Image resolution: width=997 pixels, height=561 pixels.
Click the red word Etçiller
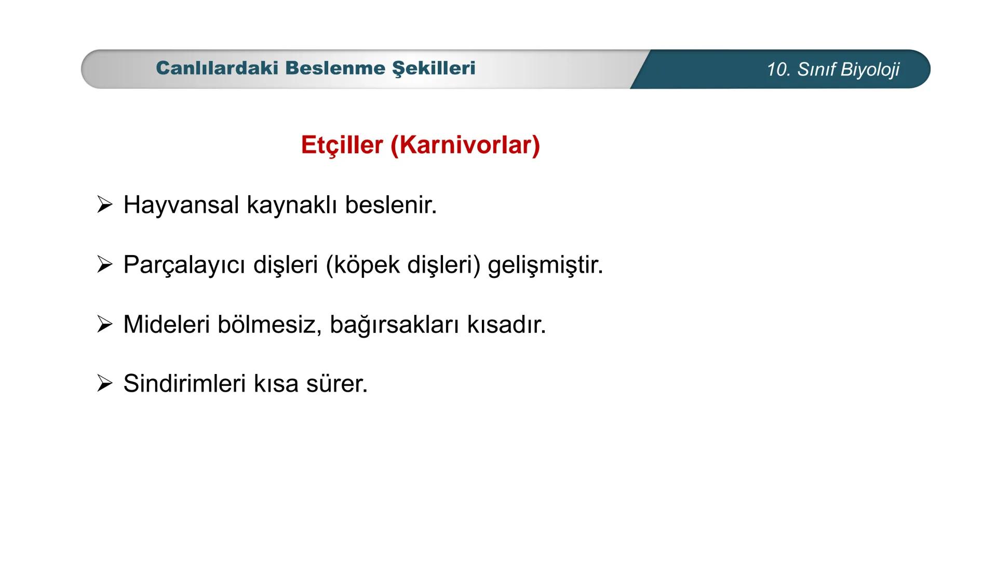tap(342, 144)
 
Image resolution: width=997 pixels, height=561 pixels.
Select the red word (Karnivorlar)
tap(465, 144)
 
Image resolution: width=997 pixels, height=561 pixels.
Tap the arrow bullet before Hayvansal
tap(104, 205)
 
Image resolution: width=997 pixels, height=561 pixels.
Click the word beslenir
tap(390, 205)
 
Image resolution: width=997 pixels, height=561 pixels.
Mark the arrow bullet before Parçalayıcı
tap(104, 265)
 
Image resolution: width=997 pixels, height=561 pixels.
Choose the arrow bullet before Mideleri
tap(104, 325)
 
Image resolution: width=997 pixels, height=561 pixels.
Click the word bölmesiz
tap(270, 325)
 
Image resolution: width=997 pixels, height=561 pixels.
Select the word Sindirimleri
tap(184, 384)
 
